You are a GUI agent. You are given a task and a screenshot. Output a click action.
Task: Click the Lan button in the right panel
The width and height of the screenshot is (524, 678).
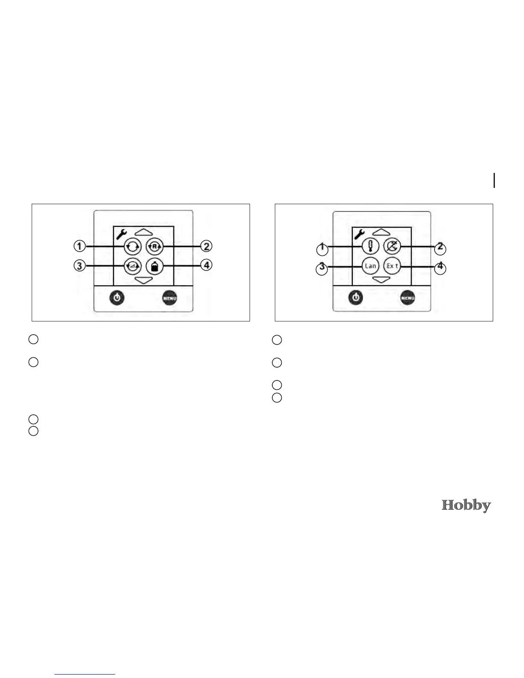370,266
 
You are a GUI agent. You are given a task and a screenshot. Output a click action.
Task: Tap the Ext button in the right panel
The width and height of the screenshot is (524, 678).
392,266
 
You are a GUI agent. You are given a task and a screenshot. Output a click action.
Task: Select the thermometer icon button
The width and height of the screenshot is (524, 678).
370,247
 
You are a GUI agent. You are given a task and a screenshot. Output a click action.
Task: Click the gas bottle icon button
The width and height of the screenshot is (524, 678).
155,266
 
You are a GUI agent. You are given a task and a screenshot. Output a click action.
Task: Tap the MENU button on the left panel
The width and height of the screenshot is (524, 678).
170,298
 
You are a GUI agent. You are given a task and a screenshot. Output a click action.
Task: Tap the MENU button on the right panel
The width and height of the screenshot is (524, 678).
408,298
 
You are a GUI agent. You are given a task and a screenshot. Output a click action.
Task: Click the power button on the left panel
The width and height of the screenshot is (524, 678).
117,297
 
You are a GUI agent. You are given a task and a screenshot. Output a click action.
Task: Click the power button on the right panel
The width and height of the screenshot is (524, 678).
355,297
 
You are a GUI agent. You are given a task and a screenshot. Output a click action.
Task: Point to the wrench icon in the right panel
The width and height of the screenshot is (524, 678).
359,234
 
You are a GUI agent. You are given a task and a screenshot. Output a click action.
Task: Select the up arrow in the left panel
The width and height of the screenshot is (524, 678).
144,232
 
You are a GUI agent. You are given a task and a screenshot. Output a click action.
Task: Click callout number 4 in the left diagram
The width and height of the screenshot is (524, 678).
207,265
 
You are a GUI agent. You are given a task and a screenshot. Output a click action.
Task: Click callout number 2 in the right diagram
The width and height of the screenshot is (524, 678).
440,248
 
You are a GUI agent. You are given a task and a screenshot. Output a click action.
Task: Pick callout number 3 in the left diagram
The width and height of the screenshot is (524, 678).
79,266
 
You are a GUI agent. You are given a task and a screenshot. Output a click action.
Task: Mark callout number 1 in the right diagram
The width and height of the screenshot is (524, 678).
322,249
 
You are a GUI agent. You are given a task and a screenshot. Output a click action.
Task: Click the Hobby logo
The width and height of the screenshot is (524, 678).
466,506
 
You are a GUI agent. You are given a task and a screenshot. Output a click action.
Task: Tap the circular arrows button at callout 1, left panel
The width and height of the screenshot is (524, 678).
132,247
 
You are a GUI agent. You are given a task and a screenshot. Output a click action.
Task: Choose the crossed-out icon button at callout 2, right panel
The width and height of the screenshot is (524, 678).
392,247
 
